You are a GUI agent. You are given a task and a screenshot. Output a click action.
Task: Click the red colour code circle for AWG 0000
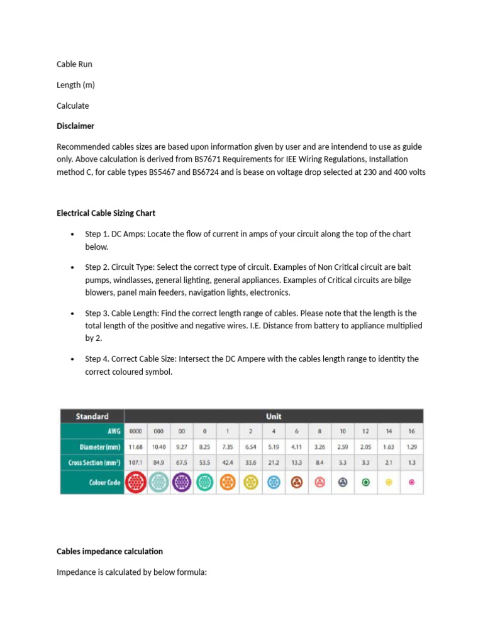[136, 482]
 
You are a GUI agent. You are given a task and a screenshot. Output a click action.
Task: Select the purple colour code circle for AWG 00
[182, 482]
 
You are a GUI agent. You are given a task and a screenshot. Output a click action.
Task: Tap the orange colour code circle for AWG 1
[228, 482]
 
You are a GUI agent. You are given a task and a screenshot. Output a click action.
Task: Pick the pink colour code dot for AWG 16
[412, 482]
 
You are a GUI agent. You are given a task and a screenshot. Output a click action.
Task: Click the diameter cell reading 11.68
[136, 447]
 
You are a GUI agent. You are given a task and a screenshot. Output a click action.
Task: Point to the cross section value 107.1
[136, 463]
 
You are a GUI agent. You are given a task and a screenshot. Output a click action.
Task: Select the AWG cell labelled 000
[158, 431]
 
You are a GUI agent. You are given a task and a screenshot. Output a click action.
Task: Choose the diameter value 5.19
[274, 447]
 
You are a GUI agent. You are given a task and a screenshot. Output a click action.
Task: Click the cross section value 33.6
[250, 463]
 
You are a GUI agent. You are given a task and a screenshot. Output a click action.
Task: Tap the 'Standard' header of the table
[92, 416]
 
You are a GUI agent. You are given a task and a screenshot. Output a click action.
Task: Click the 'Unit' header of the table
[274, 416]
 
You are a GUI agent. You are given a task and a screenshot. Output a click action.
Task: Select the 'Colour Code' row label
[103, 482]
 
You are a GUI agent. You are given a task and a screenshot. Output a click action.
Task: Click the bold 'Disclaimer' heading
[75, 126]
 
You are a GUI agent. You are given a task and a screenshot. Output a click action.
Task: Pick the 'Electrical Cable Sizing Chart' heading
[106, 213]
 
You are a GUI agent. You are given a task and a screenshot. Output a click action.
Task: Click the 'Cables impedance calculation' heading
[109, 552]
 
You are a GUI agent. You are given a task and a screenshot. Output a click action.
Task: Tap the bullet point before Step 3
[74, 313]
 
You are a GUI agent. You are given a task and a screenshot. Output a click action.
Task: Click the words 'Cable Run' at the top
[74, 64]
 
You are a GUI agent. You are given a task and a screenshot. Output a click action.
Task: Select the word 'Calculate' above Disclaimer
[73, 106]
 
